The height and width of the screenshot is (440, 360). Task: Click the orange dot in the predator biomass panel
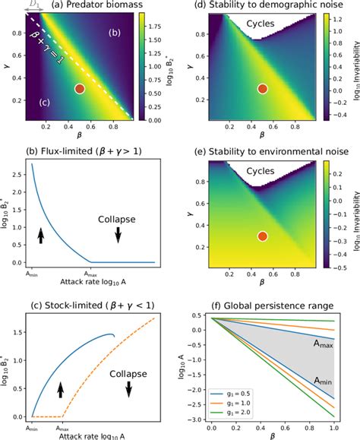pos(80,89)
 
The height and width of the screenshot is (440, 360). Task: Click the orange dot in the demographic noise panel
pos(263,89)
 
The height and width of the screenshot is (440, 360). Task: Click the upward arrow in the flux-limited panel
pos(40,236)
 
